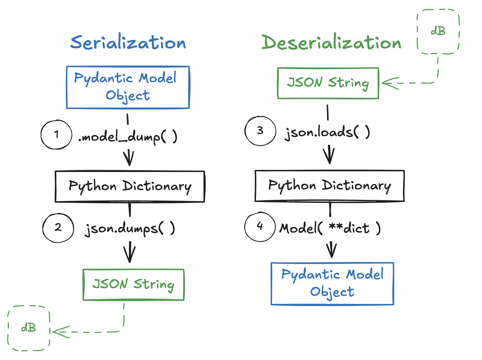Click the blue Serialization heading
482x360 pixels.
point(128,43)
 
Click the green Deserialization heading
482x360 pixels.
point(331,43)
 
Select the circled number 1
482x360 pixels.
point(56,135)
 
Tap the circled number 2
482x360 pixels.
point(58,228)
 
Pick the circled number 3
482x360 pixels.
point(260,131)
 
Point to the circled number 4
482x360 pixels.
point(260,227)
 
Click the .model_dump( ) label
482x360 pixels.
point(128,137)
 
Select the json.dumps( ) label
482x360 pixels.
point(130,229)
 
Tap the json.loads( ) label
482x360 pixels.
point(327,133)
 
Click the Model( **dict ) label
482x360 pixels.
point(330,228)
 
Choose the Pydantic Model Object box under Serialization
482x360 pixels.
point(128,87)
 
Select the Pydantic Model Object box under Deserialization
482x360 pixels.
point(332,283)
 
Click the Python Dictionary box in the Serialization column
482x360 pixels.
point(130,186)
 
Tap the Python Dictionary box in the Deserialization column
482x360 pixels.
point(329,186)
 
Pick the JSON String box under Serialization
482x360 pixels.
point(133,284)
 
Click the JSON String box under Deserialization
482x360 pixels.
point(328,83)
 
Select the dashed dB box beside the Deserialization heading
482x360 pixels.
point(438,32)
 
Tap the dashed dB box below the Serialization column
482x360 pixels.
point(29,328)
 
